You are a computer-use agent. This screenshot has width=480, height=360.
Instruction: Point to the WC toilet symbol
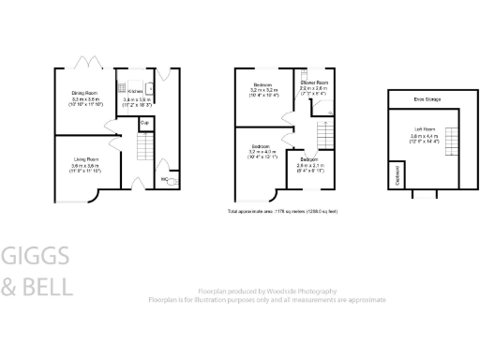(170, 180)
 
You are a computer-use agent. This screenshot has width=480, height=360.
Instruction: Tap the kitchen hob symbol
(123, 90)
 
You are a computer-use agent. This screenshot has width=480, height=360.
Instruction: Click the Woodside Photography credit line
(267, 292)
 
